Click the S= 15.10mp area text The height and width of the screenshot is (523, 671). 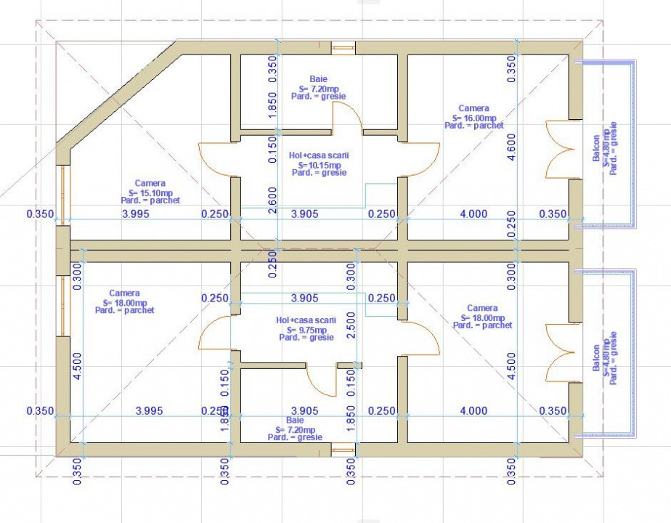point(150,192)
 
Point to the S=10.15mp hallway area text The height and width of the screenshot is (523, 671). point(317,164)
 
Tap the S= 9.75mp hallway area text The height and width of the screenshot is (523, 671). point(306,329)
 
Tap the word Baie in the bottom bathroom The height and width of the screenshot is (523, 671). point(295,420)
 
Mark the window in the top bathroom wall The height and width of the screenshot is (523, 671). point(343,48)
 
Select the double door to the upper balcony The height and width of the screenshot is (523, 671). point(558,149)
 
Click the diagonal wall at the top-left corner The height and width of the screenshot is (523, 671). point(120,94)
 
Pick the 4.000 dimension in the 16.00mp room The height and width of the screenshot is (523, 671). point(473,214)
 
